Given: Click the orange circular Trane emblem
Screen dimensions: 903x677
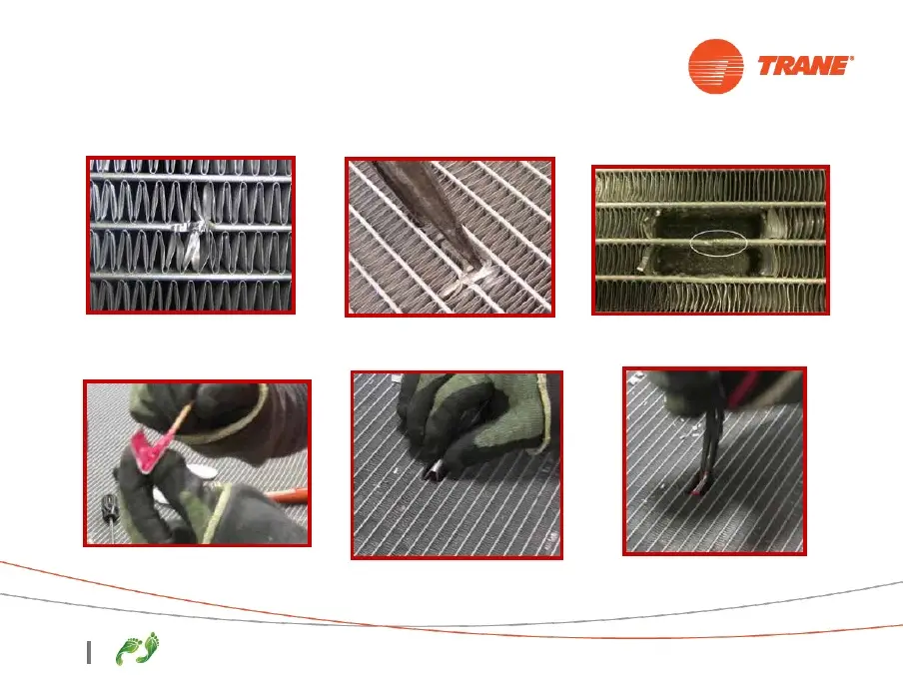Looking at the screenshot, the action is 716,66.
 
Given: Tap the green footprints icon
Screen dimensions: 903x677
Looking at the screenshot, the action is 138,649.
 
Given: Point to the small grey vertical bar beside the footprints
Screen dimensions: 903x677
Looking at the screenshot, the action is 89,652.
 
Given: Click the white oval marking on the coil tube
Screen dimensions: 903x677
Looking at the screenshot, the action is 719,243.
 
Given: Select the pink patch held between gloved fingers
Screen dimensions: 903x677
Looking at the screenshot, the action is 149,449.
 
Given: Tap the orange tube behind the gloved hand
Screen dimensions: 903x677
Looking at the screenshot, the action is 287,494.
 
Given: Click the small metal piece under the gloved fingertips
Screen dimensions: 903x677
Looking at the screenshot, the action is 433,470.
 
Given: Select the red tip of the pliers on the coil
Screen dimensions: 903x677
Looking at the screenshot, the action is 698,490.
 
